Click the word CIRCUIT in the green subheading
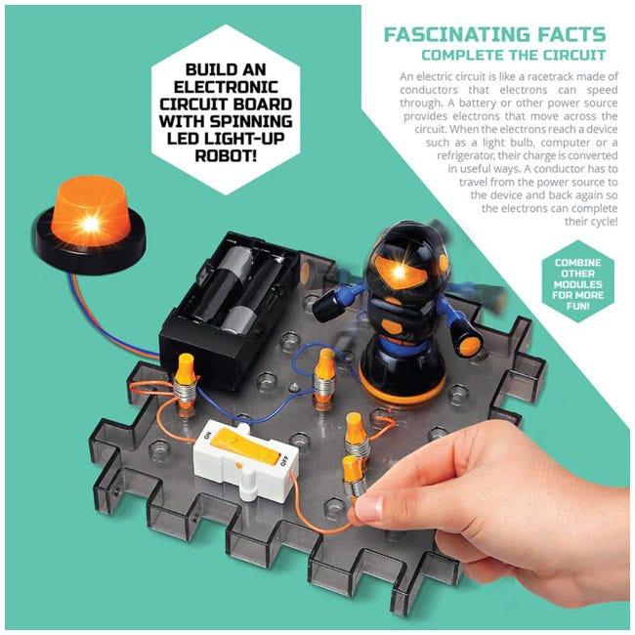tap(571, 55)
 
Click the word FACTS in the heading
tap(571, 34)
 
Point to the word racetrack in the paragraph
tap(560, 77)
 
